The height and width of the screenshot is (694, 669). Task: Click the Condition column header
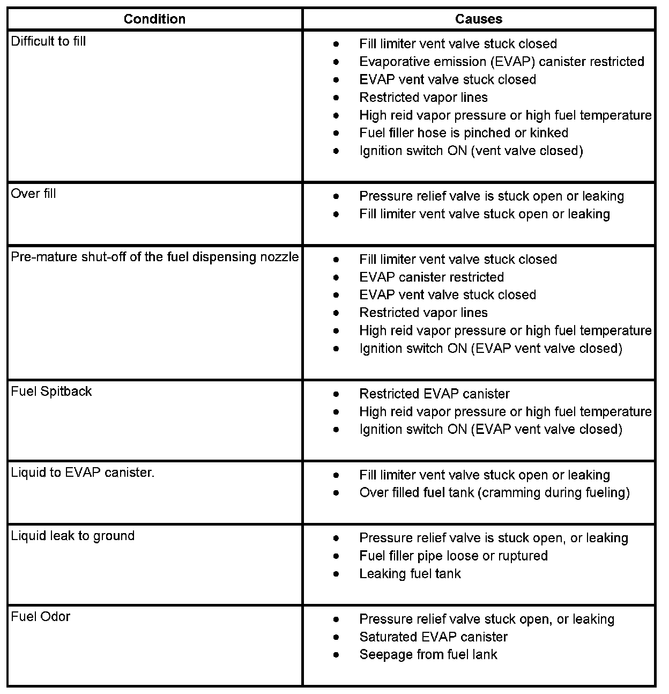coord(154,19)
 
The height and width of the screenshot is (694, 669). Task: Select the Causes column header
coord(478,19)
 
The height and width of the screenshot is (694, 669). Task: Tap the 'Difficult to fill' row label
coord(48,41)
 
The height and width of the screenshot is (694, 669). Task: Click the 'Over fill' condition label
coord(33,194)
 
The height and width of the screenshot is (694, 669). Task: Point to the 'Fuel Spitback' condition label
coord(51,392)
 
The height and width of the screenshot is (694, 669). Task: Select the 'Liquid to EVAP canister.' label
coord(83,472)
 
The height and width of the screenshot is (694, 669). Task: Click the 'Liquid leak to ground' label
coord(73,536)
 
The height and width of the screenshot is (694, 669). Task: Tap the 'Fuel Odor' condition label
coord(41,617)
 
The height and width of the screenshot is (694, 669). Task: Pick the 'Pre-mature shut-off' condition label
coord(154,257)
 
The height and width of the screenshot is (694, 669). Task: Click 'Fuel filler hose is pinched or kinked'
coord(464,133)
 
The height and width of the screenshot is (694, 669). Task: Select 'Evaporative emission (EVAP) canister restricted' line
coord(502,62)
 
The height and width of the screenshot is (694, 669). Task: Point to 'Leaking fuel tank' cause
coord(410,574)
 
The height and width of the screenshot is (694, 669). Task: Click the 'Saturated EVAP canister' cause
coord(433,637)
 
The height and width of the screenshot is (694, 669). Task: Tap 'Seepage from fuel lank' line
coord(428,655)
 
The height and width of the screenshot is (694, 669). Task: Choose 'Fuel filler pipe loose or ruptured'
coord(454,556)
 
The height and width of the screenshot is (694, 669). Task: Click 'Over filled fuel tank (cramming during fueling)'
coord(494,492)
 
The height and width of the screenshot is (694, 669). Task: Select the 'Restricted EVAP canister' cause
coord(434,394)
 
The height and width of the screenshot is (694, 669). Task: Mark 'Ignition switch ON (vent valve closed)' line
coord(471,151)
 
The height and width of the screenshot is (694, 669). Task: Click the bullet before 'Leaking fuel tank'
coord(336,574)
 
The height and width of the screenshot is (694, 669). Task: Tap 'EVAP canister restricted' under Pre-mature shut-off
coord(432,277)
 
